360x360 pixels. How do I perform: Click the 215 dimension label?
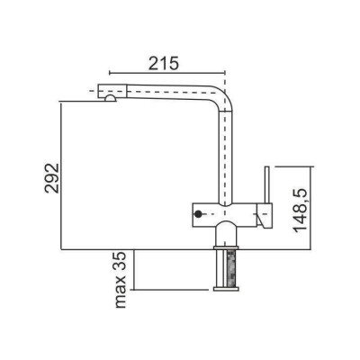click(164, 63)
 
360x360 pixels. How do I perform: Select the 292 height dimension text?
click(52, 178)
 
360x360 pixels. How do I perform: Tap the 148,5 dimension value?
click(301, 211)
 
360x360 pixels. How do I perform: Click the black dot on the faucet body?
click(198, 214)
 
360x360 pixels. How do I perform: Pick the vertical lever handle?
click(266, 185)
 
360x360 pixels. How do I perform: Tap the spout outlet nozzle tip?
click(110, 98)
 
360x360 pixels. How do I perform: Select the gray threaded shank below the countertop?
click(230, 268)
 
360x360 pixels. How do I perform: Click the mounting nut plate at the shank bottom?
click(226, 289)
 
